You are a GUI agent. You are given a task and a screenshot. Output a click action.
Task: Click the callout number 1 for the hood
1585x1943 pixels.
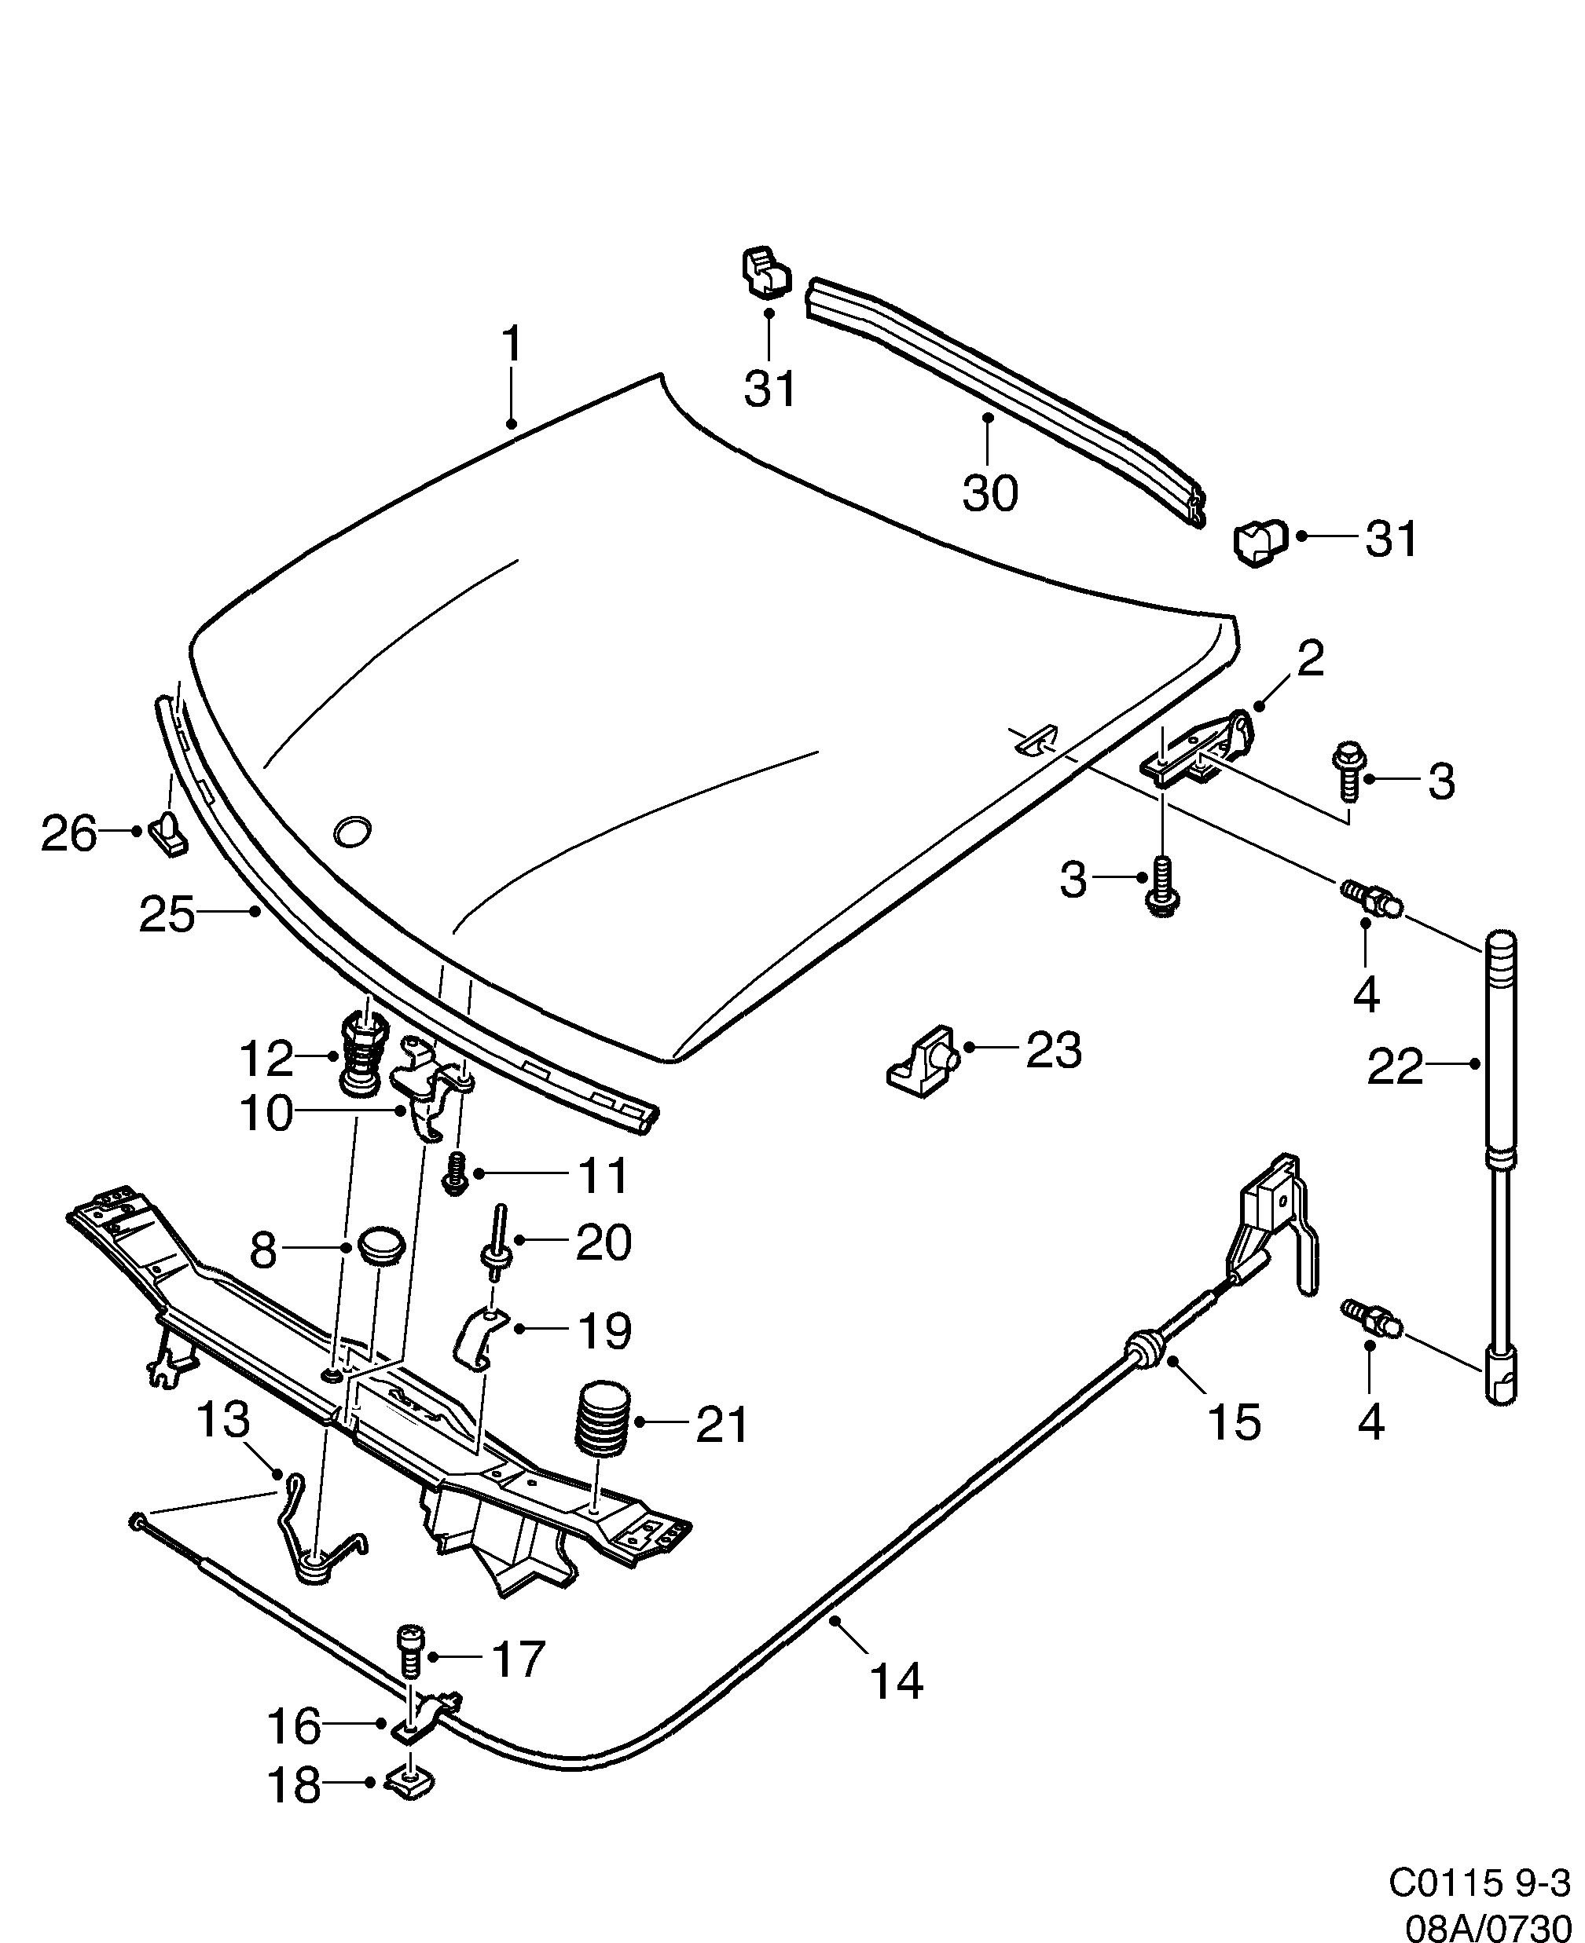click(512, 345)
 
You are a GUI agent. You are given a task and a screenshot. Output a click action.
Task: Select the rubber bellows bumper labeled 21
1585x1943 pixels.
click(603, 1431)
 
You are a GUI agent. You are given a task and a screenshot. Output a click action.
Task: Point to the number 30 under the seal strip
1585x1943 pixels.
click(989, 494)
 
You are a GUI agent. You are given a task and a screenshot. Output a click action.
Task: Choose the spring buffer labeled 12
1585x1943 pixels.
click(361, 1056)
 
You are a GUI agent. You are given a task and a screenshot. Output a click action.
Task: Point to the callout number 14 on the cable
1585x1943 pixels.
click(896, 1680)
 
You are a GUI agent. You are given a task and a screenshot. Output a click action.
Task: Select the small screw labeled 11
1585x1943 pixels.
click(455, 1172)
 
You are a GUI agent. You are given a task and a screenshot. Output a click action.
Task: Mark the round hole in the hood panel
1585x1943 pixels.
click(352, 830)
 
